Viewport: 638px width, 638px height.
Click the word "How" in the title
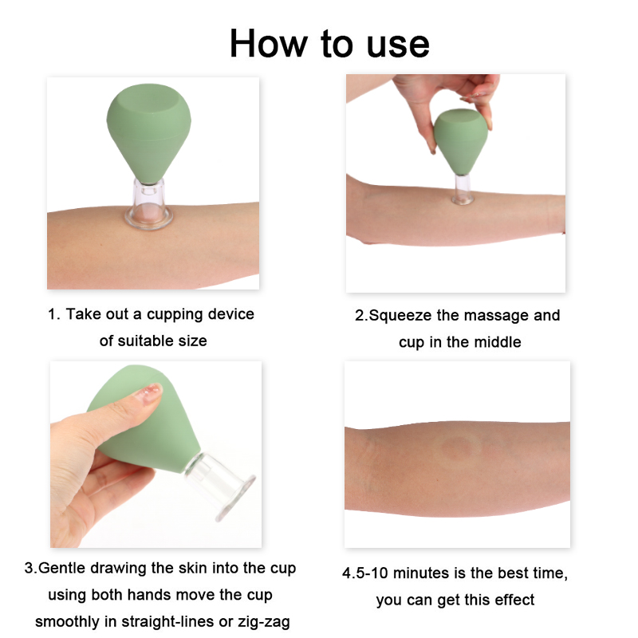coord(269,44)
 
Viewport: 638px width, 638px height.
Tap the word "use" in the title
coord(398,45)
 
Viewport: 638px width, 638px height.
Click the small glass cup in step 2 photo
coord(463,189)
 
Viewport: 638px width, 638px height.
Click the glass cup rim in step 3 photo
coord(234,498)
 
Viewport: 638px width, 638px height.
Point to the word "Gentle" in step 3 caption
coord(62,568)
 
